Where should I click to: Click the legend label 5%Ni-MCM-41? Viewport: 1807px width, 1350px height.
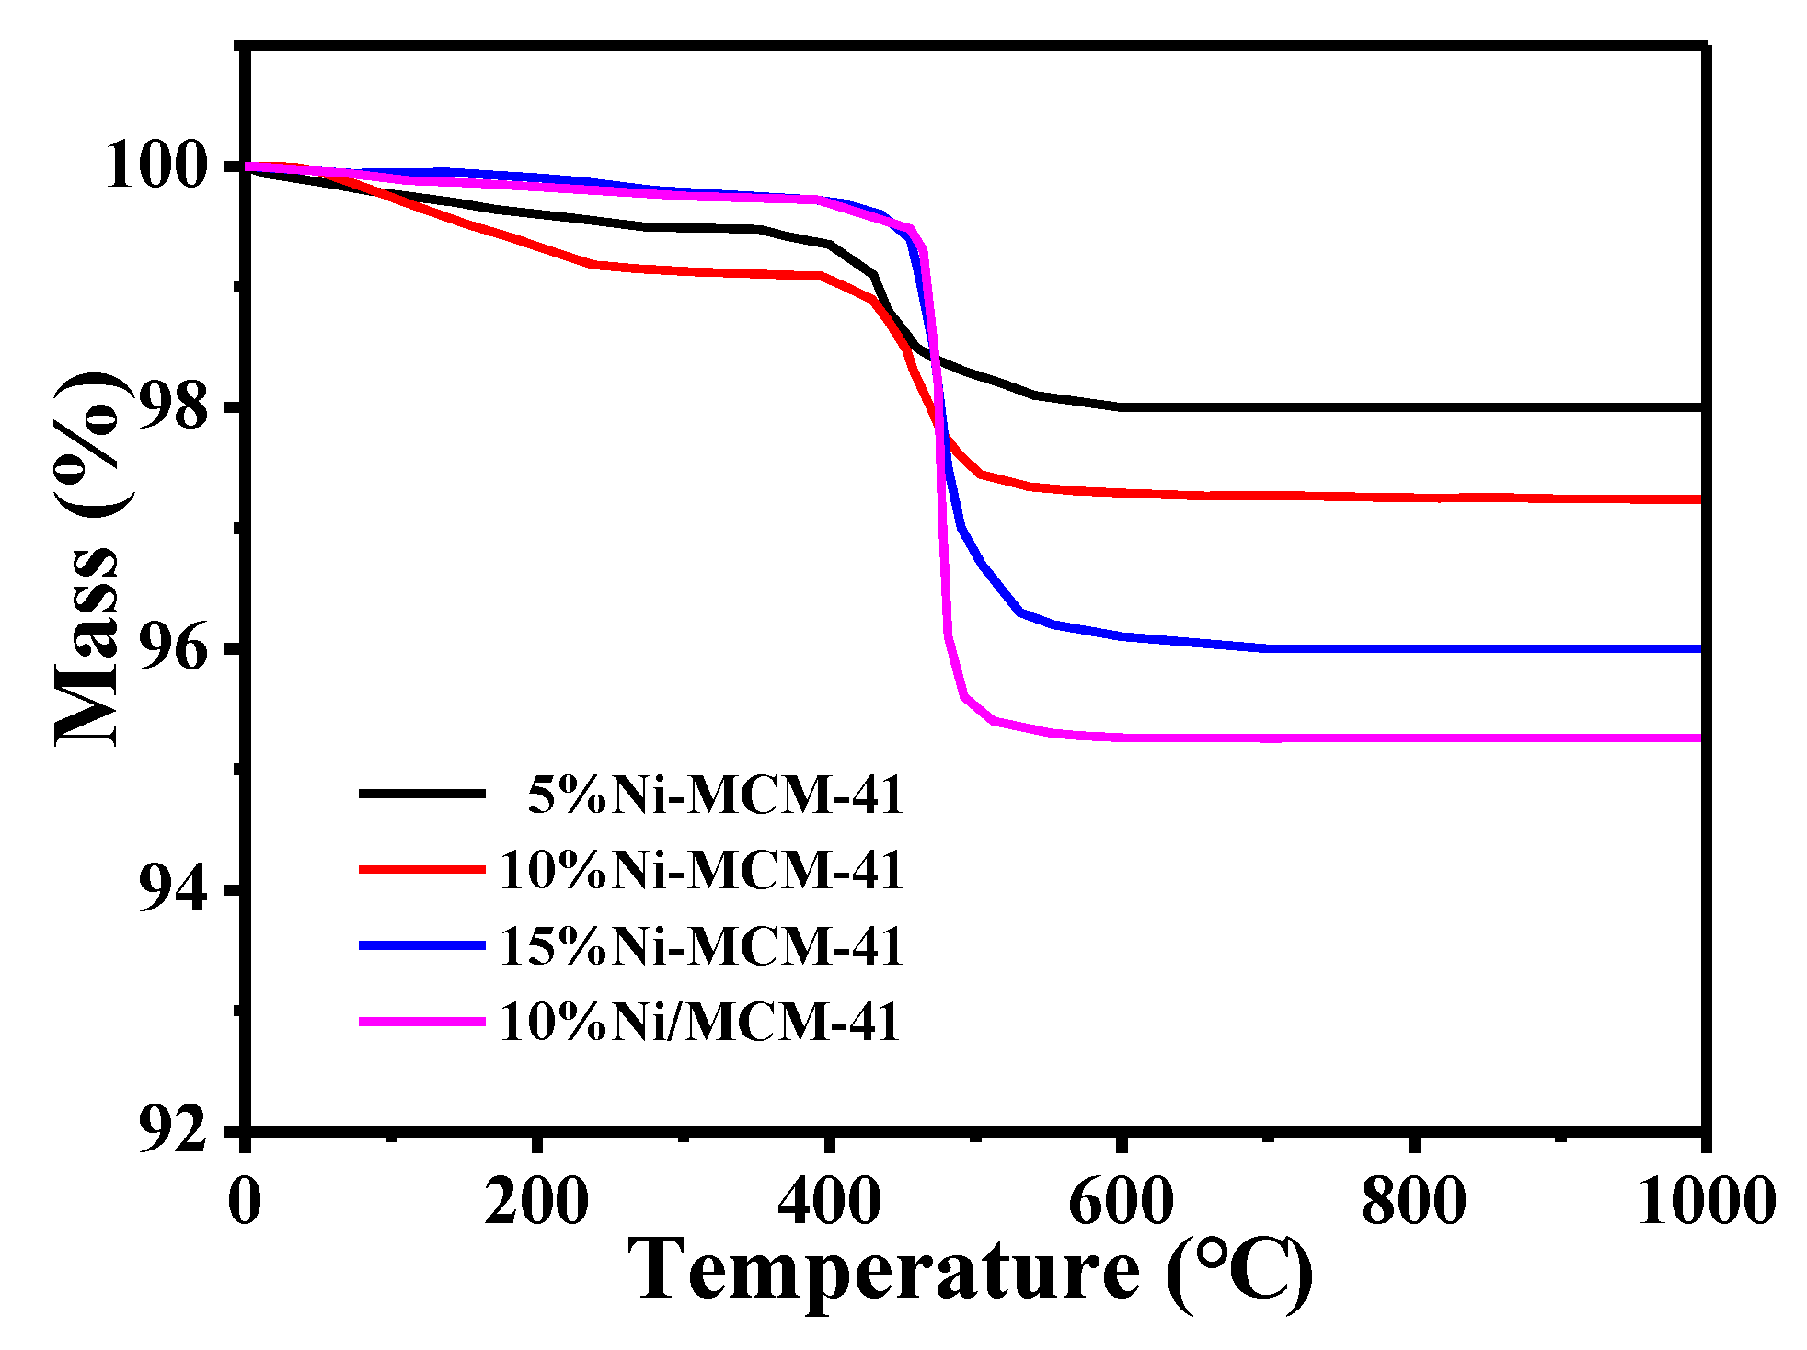point(715,795)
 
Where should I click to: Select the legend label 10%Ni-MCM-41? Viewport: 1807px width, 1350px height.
point(701,870)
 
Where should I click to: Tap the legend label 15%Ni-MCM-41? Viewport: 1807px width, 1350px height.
point(701,946)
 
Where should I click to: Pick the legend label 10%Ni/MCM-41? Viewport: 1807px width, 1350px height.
point(699,1022)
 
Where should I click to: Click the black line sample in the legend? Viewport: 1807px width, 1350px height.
point(421,793)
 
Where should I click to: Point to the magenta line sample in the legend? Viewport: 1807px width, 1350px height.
point(421,1021)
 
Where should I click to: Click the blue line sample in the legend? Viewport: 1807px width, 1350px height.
point(421,945)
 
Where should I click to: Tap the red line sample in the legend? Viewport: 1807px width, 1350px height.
point(421,869)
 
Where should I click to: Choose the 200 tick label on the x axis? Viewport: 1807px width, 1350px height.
point(536,1202)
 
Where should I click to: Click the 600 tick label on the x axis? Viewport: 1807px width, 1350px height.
point(1121,1202)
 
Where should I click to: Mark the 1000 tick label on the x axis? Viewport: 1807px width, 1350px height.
point(1705,1202)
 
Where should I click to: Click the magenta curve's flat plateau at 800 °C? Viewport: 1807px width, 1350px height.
point(1413,738)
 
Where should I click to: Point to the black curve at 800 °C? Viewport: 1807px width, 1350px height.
point(1413,406)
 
